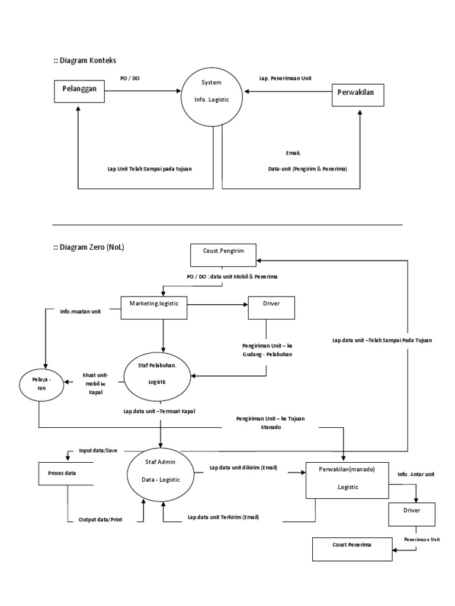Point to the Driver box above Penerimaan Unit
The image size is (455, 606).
(413, 513)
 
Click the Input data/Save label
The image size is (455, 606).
(98, 450)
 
